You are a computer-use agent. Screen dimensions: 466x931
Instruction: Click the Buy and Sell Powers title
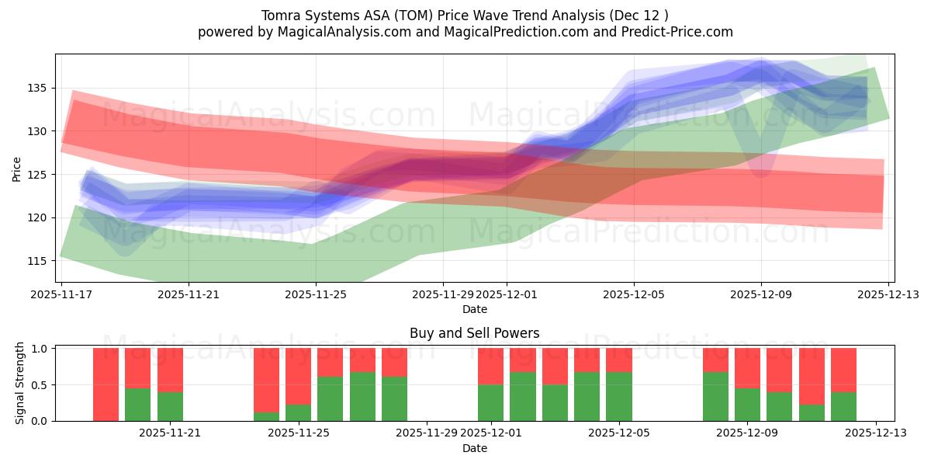[474, 333]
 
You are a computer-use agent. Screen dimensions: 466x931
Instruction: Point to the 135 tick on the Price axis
[37, 88]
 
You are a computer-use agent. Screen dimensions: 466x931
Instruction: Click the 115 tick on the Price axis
[37, 260]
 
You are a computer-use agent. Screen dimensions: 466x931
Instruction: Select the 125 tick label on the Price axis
[37, 174]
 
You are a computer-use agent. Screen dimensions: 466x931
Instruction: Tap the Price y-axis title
[17, 168]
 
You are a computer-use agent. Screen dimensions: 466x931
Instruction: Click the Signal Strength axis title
[20, 384]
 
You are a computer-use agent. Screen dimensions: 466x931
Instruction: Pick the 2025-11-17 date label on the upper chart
[61, 294]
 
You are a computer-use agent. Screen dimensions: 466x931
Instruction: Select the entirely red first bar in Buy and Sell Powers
[106, 384]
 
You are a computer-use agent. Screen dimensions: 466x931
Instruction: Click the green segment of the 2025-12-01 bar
[490, 402]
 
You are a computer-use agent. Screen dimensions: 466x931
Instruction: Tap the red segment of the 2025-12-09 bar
[747, 367]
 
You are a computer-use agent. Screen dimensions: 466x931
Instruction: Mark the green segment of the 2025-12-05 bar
[619, 396]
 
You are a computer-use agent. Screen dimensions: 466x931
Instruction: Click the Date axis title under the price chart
[474, 309]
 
